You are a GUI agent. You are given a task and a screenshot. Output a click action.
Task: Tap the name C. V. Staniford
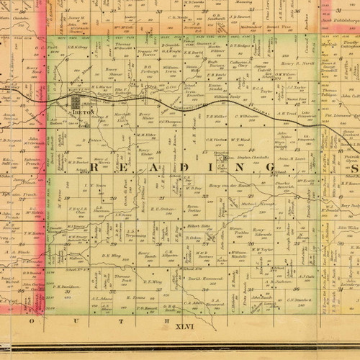click(297, 300)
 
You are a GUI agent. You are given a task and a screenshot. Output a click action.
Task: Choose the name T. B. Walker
click(216, 116)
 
